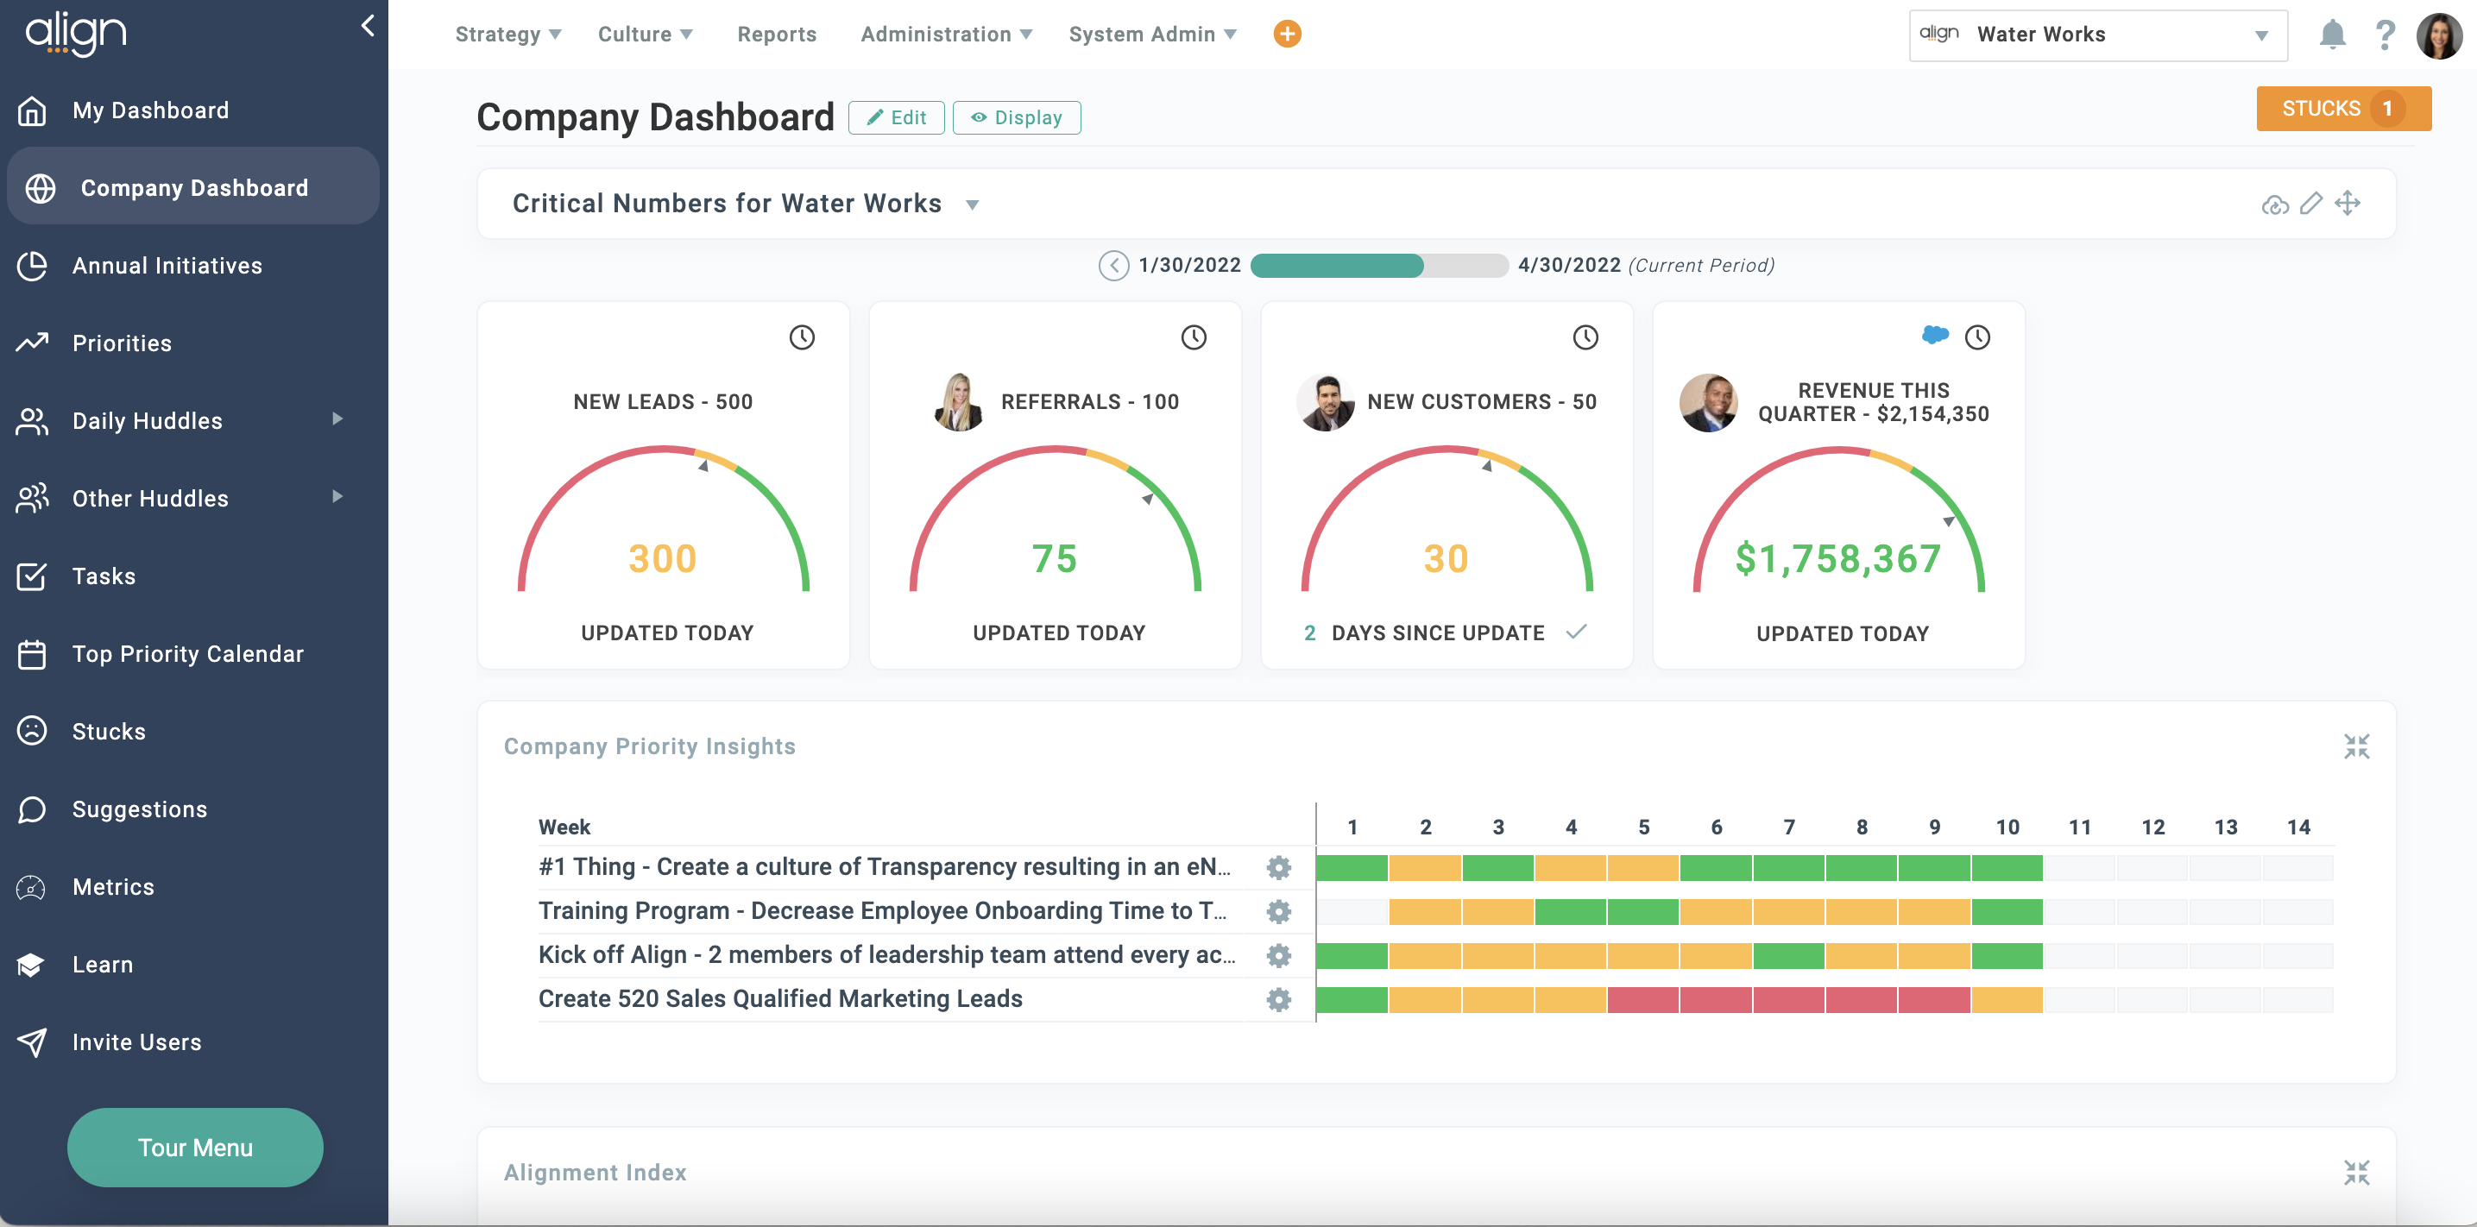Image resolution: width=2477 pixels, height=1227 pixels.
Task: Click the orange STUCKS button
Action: coord(2342,109)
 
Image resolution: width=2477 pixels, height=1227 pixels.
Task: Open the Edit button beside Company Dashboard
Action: coord(896,117)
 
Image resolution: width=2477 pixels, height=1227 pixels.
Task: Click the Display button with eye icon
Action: coord(1017,117)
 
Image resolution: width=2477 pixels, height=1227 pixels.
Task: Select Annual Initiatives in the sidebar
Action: coord(167,266)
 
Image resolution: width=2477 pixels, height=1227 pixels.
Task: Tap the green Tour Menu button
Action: coord(195,1148)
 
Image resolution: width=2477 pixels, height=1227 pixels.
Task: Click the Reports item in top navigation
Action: coord(776,35)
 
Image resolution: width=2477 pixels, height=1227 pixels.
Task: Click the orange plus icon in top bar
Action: coord(1287,34)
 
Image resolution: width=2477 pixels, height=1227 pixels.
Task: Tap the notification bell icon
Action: coord(2332,35)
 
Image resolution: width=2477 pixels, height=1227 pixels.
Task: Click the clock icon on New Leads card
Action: coord(802,337)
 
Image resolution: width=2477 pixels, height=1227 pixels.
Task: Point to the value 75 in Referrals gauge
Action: coord(1054,558)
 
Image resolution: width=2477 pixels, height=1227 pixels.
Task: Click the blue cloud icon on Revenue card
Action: coord(1935,335)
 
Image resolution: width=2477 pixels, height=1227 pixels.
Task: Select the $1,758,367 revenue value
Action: coord(1837,558)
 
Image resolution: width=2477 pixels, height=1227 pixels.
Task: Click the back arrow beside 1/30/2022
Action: coord(1113,266)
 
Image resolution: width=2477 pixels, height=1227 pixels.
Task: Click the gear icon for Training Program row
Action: coord(1278,910)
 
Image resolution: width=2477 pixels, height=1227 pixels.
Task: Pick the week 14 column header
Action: coord(2298,827)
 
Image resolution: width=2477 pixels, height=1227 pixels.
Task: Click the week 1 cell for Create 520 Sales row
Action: coord(1352,999)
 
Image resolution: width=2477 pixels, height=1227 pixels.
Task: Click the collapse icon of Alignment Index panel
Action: coord(2356,1172)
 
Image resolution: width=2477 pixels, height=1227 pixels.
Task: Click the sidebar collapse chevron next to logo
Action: coord(368,26)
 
